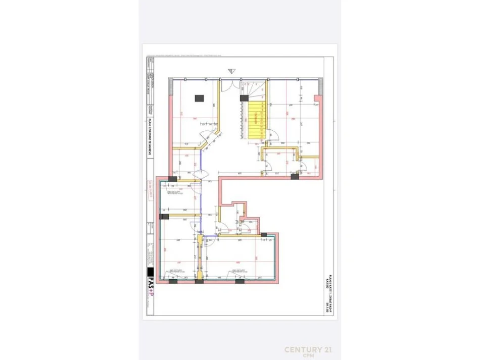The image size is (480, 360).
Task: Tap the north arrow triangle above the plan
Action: coord(231,71)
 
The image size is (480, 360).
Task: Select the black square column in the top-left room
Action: coord(199,97)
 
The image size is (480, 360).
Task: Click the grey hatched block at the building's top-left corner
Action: coord(171,81)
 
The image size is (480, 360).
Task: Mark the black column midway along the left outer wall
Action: coord(164,217)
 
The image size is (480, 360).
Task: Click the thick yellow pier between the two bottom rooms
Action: coord(201,258)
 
